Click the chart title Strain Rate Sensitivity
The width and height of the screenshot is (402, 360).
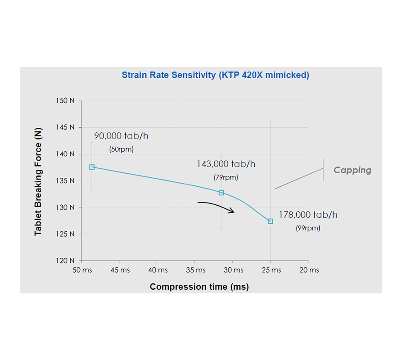(215, 75)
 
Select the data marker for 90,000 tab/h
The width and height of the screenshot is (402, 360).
(92, 167)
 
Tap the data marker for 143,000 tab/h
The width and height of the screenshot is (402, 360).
(221, 193)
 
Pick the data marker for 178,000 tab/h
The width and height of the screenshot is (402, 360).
(270, 221)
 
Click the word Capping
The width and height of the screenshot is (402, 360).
(352, 170)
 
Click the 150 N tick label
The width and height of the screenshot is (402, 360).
(65, 101)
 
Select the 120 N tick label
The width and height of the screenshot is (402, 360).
(65, 261)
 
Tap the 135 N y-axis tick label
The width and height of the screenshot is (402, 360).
(65, 181)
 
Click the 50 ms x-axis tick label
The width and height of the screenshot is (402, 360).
(81, 270)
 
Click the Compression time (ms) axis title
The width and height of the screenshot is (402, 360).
(199, 287)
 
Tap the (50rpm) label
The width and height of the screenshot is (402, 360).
(122, 149)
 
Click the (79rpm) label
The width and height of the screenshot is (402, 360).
(226, 177)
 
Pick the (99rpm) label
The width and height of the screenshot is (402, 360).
(308, 228)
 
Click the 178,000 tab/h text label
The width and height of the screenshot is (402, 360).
(308, 215)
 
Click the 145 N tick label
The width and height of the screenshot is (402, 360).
(65, 127)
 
